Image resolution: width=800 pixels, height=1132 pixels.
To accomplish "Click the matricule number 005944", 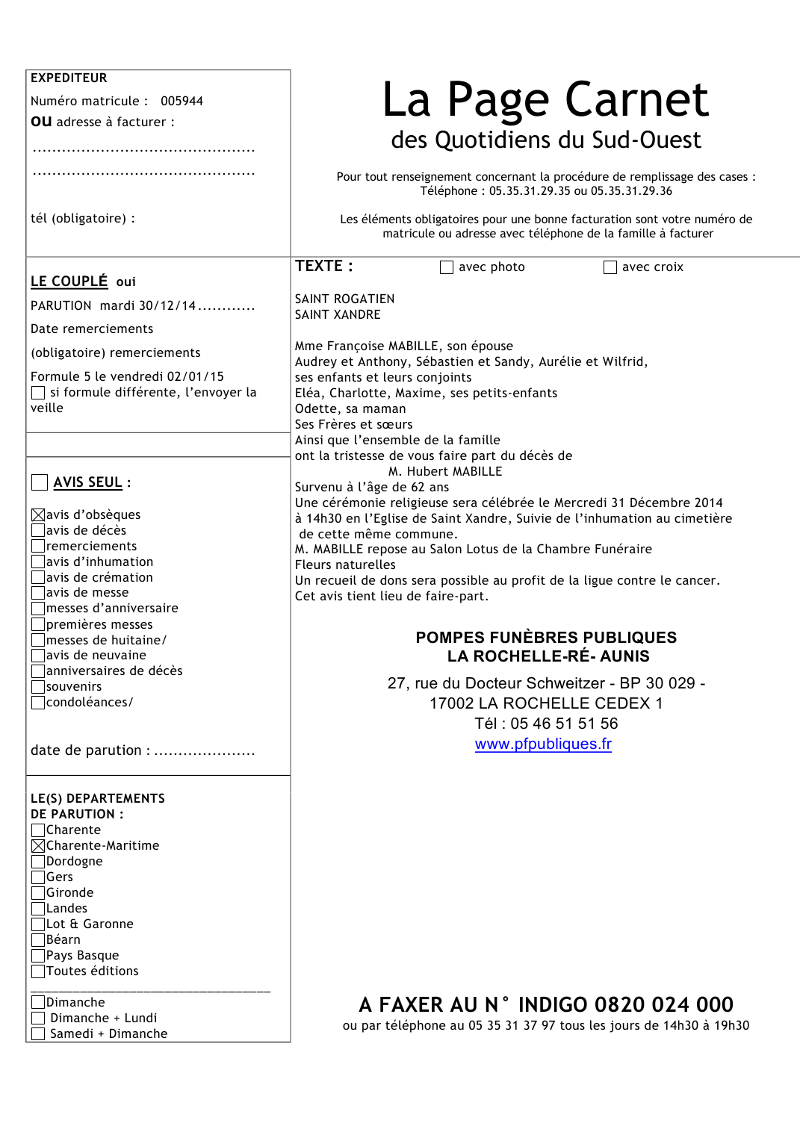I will click(x=182, y=101).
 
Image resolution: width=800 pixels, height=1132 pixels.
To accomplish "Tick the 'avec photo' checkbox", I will click(x=447, y=267).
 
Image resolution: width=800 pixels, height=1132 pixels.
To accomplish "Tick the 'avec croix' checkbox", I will click(x=610, y=267).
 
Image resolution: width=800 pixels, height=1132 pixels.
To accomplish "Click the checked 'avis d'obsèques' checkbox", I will click(x=38, y=515).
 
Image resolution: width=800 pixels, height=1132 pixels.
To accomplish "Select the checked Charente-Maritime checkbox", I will click(x=38, y=846).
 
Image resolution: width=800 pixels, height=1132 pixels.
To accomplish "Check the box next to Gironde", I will click(x=38, y=893).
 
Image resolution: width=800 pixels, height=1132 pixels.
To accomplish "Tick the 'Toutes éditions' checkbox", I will click(x=38, y=971).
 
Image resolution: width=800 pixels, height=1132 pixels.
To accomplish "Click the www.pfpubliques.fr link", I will click(x=543, y=744).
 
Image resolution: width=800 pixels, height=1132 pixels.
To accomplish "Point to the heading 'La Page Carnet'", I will click(x=545, y=99).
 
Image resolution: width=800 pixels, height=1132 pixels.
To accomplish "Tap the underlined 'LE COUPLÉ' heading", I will click(x=69, y=282).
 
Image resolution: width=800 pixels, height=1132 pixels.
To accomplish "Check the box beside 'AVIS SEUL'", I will click(x=40, y=482).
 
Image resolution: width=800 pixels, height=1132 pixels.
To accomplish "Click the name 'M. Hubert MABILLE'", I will click(x=445, y=471).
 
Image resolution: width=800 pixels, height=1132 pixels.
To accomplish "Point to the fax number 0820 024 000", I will click(x=664, y=1004).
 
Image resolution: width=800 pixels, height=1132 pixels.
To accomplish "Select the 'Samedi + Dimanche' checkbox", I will click(x=38, y=1034).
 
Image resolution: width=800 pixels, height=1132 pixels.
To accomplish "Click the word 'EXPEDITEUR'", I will click(x=69, y=78).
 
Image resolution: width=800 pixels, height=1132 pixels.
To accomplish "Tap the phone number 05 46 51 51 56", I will click(x=564, y=724).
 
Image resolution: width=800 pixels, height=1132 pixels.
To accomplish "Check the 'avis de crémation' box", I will click(x=38, y=578).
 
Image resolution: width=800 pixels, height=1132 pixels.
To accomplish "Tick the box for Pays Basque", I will click(x=38, y=956).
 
